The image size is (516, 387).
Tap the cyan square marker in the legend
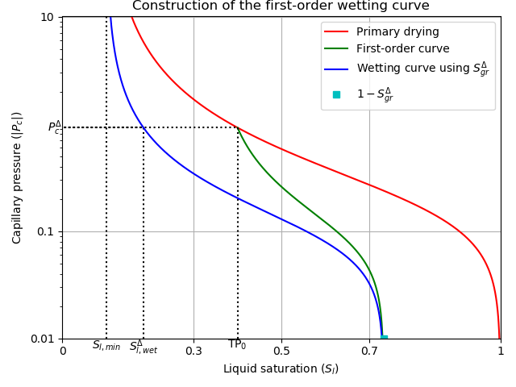[x=336, y=94]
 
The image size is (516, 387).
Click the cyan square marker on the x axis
[x=384, y=339]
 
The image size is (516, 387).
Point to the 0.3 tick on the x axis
[x=193, y=351]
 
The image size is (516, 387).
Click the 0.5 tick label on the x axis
[x=281, y=351]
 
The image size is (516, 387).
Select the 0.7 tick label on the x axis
[x=369, y=351]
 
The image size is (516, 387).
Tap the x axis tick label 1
[x=500, y=351]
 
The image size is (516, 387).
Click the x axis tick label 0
[x=62, y=351]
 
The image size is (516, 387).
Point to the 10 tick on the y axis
[x=47, y=17]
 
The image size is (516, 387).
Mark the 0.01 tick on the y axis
[x=42, y=339]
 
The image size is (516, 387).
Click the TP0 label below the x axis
[x=237, y=345]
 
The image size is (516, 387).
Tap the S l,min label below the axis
[x=106, y=346]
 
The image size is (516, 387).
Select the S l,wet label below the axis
[x=144, y=347]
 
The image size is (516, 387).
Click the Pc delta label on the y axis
[x=54, y=127]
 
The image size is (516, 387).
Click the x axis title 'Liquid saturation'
[x=281, y=369]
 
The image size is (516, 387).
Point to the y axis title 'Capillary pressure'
[x=18, y=177]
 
